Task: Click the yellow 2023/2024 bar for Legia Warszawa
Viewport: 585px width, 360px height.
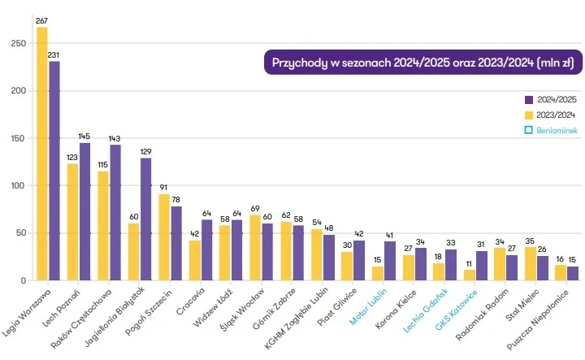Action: (x=42, y=154)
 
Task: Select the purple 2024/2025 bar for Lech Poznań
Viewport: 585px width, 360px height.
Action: (x=84, y=211)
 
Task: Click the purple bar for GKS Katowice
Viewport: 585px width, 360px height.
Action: (x=482, y=266)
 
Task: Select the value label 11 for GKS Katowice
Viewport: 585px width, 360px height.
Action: (x=470, y=264)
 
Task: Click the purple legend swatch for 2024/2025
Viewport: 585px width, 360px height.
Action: (x=528, y=99)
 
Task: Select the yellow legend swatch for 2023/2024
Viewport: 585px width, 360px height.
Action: (x=528, y=115)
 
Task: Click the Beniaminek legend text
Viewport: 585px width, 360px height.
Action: (x=556, y=130)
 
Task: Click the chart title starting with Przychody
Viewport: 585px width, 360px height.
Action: (x=422, y=63)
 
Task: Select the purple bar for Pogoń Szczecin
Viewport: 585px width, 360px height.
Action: (x=176, y=243)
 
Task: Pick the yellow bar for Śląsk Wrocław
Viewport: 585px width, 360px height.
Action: (x=255, y=248)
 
